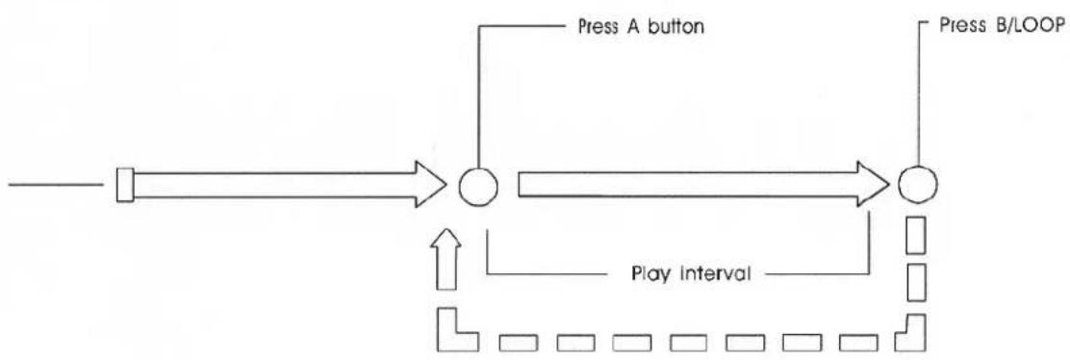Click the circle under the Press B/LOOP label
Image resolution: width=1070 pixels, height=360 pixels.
(917, 183)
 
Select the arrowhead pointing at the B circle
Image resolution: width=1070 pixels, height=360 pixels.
(871, 183)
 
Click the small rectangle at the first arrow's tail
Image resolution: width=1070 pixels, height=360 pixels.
(124, 185)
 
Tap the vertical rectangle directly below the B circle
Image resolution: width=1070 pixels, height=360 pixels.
(916, 236)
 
